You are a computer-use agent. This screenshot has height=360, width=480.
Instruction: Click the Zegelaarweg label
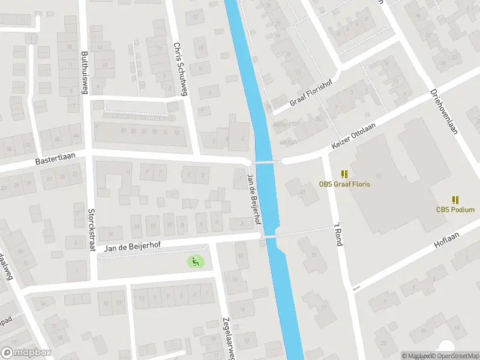pyautogui.click(x=227, y=337)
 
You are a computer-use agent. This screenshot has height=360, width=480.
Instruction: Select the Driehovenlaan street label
pyautogui.click(x=444, y=112)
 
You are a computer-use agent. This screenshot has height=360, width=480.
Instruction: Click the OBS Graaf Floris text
pyautogui.click(x=344, y=184)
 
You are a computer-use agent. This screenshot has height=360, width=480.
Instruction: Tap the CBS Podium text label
pyautogui.click(x=455, y=209)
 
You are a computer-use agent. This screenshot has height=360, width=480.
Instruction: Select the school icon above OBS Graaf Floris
pyautogui.click(x=344, y=174)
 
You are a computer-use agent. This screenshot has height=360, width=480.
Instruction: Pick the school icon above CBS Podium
pyautogui.click(x=455, y=199)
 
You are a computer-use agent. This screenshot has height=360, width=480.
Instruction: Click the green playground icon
pyautogui.click(x=194, y=261)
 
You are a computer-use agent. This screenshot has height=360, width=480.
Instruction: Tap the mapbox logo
pyautogui.click(x=26, y=353)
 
